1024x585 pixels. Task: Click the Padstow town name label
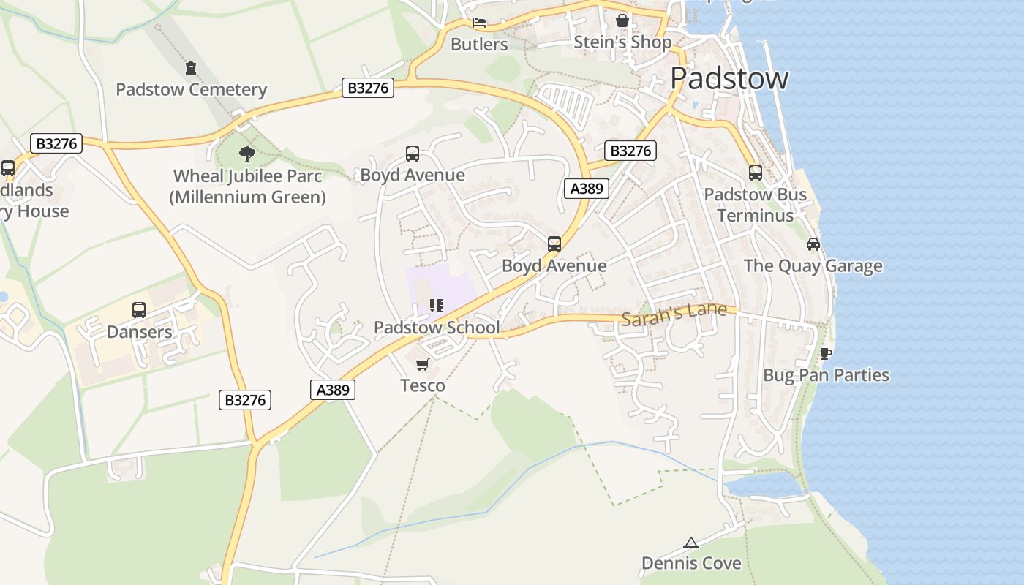(729, 78)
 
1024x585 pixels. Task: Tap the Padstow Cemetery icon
(191, 68)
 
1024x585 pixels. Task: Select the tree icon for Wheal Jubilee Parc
(247, 154)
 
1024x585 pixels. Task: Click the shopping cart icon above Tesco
(422, 364)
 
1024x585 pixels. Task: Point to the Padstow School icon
(437, 305)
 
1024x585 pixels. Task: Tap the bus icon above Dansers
(139, 310)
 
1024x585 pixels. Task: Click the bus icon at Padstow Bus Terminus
(756, 173)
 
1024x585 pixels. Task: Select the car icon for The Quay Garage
(813, 244)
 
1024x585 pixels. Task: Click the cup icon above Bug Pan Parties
(826, 354)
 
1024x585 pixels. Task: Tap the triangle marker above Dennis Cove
(690, 543)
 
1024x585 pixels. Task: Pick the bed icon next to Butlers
(479, 23)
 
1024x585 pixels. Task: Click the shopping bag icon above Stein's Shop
(622, 20)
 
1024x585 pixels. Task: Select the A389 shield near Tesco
(333, 390)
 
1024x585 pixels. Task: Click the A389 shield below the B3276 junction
(587, 189)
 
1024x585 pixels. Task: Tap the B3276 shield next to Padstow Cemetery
(368, 88)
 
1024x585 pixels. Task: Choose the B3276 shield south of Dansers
(245, 400)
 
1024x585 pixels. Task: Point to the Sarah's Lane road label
(674, 313)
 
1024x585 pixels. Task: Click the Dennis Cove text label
(691, 563)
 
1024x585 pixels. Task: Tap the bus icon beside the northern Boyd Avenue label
(413, 154)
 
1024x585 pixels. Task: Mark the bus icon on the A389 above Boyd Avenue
(554, 244)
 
